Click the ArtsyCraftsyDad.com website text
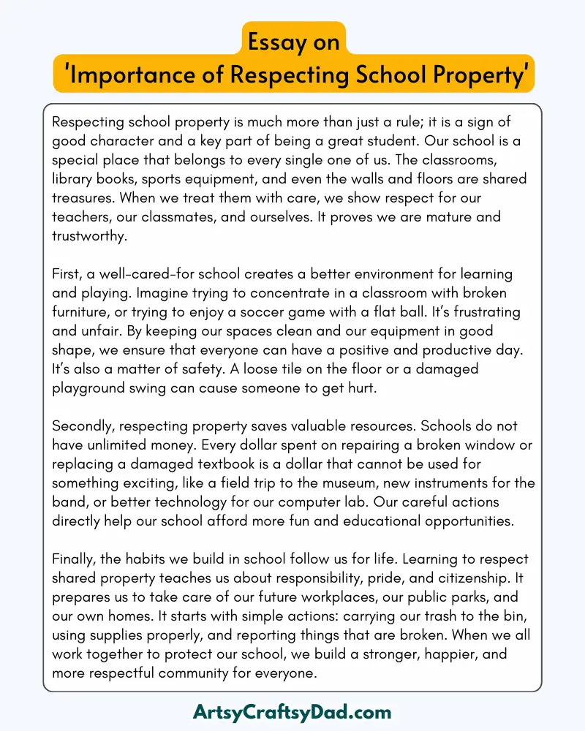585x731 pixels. (x=292, y=711)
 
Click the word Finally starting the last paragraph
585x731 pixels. (x=76, y=559)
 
